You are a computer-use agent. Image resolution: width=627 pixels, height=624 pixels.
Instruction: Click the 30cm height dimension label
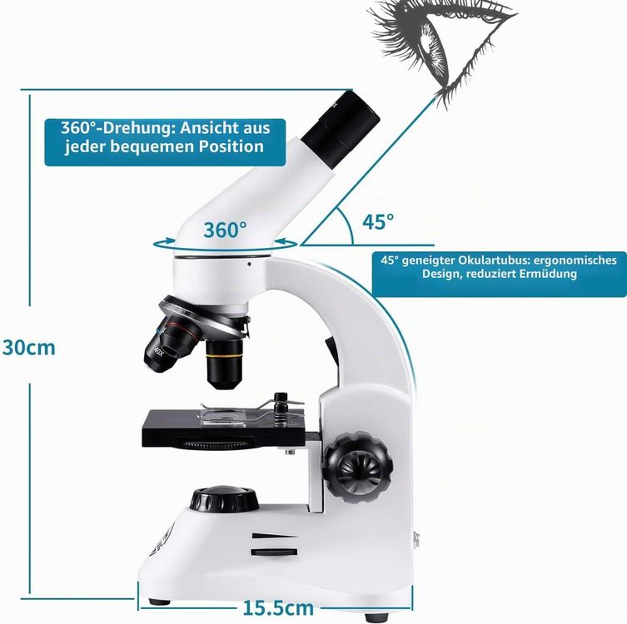point(29,348)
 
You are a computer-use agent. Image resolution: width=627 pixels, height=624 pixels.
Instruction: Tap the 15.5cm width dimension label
point(278,608)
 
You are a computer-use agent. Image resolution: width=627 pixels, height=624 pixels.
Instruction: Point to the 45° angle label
point(378,221)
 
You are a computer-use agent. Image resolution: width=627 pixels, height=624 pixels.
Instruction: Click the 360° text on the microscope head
point(225,230)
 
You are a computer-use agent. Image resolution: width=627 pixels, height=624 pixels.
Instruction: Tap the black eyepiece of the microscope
point(340,130)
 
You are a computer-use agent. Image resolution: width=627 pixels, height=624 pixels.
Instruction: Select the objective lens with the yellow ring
point(224,364)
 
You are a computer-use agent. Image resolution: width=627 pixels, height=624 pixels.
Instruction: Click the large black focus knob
point(357,468)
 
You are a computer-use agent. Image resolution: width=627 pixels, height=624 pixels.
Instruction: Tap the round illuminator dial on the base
point(224,498)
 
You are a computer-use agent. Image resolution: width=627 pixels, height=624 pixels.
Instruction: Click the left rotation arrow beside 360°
point(163,243)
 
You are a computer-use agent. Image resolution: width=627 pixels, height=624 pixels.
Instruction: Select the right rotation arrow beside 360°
point(286,242)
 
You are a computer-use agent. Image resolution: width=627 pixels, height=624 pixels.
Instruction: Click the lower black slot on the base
point(274,552)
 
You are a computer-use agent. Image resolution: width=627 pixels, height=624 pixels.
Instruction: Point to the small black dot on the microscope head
point(249,264)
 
